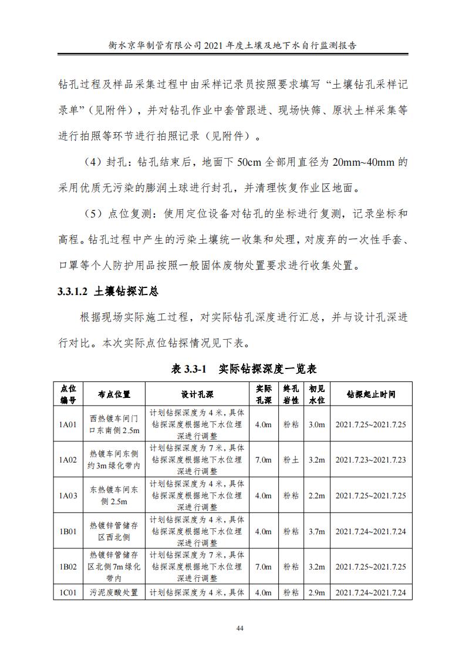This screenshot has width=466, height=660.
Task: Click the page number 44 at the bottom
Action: [239, 628]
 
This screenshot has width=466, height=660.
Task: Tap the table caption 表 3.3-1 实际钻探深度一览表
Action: [244, 369]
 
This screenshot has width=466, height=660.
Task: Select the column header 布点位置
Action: [114, 394]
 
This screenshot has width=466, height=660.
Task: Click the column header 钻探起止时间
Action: [370, 394]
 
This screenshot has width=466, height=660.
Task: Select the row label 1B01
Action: [69, 531]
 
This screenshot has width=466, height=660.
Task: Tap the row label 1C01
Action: [69, 592]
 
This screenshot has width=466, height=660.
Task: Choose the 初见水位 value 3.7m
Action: [317, 531]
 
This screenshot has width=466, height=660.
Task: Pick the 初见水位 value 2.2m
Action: [317, 495]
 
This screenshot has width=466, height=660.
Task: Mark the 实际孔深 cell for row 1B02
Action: [263, 567]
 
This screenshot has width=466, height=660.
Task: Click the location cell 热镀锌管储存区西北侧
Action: [114, 531]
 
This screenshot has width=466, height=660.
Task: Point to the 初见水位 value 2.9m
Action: [317, 592]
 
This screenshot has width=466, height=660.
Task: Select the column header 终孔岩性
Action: [291, 394]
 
